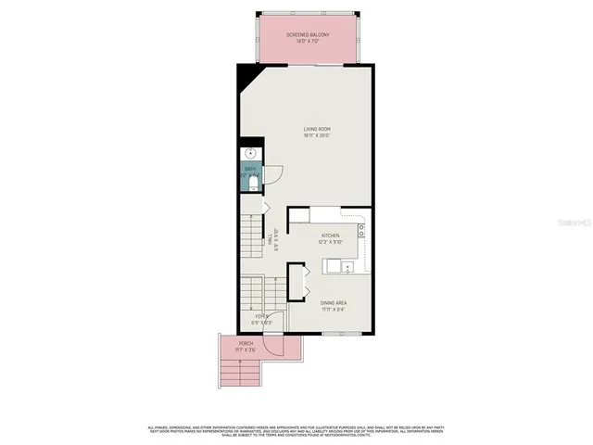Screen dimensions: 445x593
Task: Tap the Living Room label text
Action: (x=317, y=129)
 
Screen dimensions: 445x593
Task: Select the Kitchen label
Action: (x=331, y=235)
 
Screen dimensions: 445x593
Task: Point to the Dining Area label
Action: (x=334, y=303)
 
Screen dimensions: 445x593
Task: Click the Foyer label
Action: (x=263, y=316)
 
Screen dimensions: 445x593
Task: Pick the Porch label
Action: (x=246, y=343)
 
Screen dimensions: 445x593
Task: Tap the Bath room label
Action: (x=250, y=170)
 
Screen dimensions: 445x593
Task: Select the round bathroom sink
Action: (x=248, y=154)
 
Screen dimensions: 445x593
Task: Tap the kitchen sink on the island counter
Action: (x=347, y=267)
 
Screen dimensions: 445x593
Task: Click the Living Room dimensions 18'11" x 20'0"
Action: (x=317, y=136)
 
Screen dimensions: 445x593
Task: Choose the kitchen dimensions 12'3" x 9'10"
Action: (x=331, y=243)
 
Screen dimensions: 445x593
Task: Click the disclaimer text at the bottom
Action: (x=296, y=430)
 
